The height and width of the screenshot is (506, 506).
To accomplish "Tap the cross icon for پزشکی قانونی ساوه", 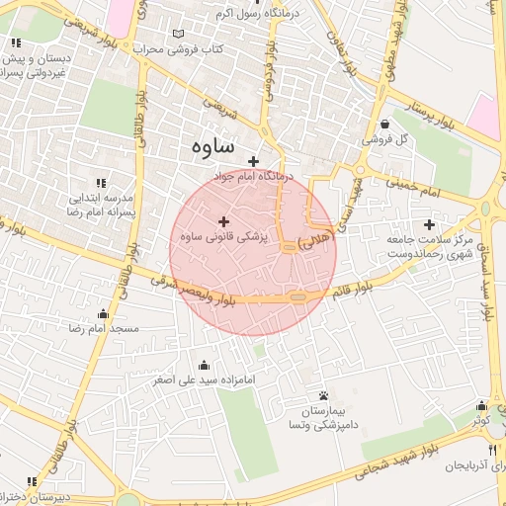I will (223, 221).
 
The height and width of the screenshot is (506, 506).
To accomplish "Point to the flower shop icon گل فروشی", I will (383, 124).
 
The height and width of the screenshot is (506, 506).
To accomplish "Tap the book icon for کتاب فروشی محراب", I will (178, 34).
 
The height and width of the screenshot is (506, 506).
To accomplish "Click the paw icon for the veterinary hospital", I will (323, 395).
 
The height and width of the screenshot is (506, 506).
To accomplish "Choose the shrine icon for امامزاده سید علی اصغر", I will (204, 365).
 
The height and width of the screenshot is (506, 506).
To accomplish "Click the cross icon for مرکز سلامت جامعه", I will (429, 224).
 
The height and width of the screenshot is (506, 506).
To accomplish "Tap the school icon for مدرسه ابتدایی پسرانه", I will (100, 183).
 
